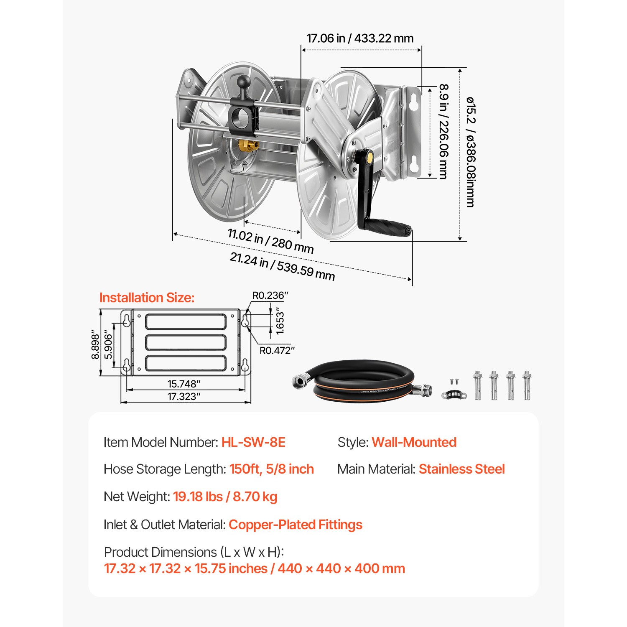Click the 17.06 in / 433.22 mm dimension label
point(360,38)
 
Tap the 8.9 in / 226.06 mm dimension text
point(443,131)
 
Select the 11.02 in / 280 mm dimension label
point(270,241)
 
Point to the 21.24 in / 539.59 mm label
point(282,266)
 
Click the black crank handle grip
point(388,227)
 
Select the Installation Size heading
point(147,298)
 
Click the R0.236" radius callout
point(270,296)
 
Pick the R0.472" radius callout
point(277,351)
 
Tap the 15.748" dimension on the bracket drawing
point(184,384)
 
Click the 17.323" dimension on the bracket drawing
point(184,397)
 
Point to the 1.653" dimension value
point(280,322)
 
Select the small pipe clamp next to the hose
point(453,394)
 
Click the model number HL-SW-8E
point(253,442)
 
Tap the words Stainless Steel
point(461,469)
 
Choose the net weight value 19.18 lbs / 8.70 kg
point(225,497)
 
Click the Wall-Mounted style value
point(414,442)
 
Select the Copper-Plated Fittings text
point(295,525)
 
